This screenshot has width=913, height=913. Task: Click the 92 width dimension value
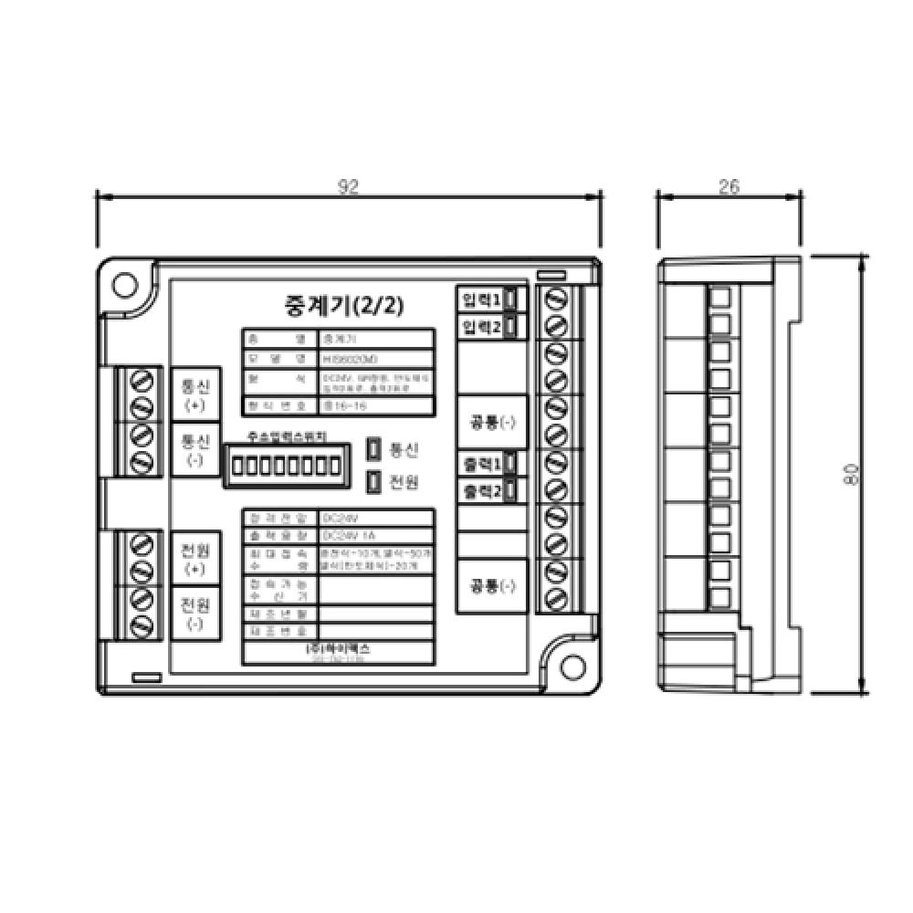348,187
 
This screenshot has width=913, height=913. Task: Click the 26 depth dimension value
729,187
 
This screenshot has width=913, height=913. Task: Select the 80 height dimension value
851,475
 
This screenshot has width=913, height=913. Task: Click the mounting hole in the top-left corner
123,284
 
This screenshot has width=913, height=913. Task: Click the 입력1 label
481,299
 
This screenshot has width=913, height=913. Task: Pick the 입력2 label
481,326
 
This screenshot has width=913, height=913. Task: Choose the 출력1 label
481,464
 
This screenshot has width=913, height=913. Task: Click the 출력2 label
481,491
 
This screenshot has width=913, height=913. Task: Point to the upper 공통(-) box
492,423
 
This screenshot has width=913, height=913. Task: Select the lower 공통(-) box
492,585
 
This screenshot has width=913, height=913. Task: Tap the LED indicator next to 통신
374,449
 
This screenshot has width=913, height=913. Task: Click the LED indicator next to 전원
374,480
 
